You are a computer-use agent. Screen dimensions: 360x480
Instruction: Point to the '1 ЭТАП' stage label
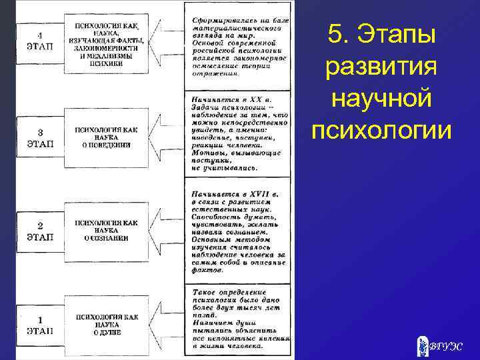(37, 325)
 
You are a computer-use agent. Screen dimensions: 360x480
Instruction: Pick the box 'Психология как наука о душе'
(105, 323)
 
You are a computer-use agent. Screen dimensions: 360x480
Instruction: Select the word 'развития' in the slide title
(381, 67)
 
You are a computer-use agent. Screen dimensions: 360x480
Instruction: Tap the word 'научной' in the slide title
(381, 99)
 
